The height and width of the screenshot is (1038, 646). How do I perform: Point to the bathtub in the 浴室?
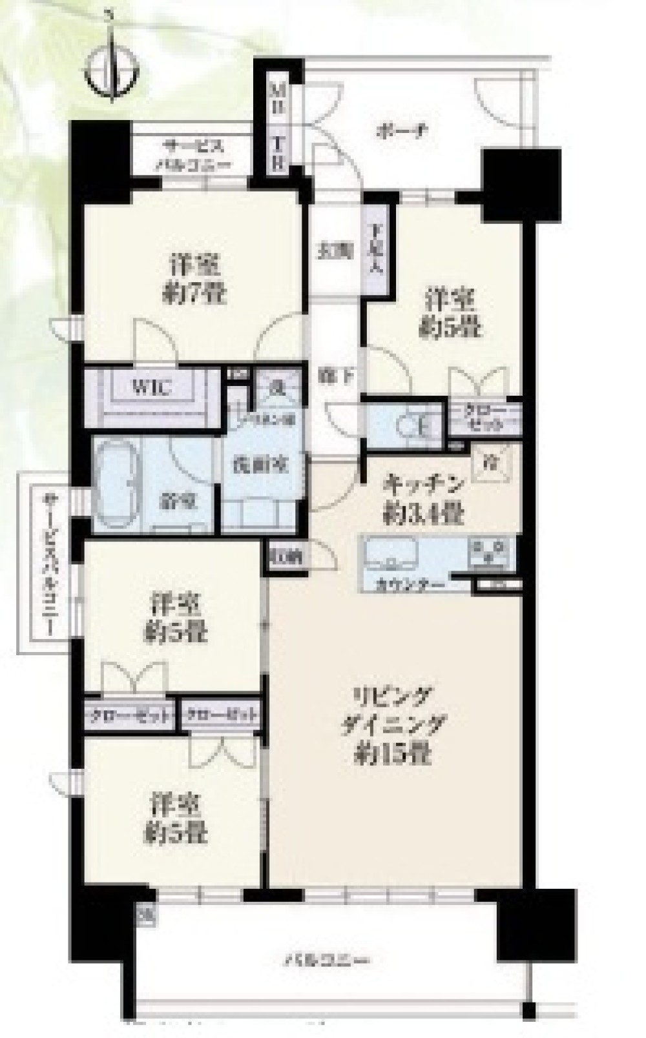tap(116, 483)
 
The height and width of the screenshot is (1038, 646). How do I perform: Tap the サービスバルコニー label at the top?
tap(196, 154)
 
